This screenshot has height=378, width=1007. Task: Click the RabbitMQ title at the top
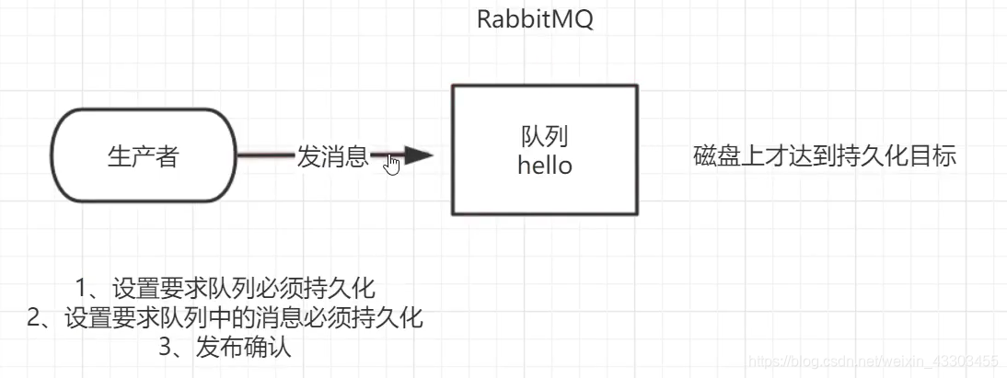[535, 20]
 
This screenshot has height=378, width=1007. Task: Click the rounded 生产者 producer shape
[143, 157]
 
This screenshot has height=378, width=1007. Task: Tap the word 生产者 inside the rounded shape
[143, 157]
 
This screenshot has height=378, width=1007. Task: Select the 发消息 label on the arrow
[332, 157]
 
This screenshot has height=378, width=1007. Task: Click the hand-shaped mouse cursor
[392, 164]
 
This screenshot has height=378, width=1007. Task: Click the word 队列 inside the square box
[544, 138]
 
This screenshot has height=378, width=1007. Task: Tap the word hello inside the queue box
[544, 166]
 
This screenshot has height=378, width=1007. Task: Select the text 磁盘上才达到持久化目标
[824, 156]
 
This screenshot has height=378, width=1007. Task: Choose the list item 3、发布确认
[226, 348]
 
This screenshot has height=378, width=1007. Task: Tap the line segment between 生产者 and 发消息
[265, 157]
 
